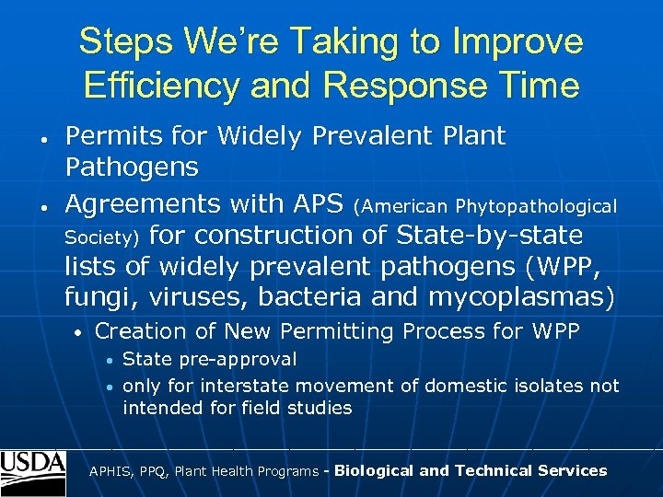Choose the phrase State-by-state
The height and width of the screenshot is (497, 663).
tap(489, 236)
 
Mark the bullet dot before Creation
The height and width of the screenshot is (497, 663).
tap(80, 332)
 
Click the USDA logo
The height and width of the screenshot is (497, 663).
tap(33, 472)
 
